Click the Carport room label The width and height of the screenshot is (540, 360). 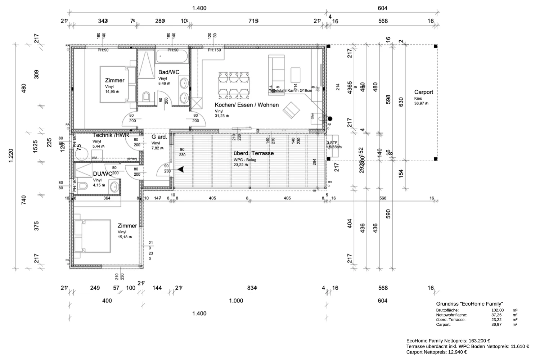click(x=423, y=92)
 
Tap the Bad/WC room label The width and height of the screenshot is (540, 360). click(x=168, y=72)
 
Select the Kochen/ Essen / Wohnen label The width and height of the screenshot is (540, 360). click(x=247, y=105)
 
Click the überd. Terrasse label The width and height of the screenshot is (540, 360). click(x=253, y=153)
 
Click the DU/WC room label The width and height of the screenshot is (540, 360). click(x=103, y=174)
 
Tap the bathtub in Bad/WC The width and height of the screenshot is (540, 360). click(x=172, y=56)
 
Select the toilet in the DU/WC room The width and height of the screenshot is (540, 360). click(x=82, y=186)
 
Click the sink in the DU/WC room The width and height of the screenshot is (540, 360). click(x=114, y=186)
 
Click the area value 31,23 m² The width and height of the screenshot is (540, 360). click(x=222, y=116)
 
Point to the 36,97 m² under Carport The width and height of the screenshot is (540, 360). click(x=421, y=104)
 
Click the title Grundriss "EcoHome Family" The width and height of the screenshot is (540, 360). click(x=469, y=304)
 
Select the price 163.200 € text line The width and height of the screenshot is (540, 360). click(x=448, y=341)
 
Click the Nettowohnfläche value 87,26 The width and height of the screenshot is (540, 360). click(x=498, y=315)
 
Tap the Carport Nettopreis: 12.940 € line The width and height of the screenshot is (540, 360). click(x=437, y=352)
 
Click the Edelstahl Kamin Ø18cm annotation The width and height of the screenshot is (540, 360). click(x=292, y=90)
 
